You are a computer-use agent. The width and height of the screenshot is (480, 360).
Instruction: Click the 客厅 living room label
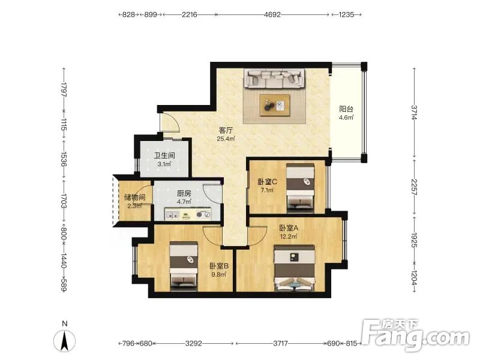[226, 130]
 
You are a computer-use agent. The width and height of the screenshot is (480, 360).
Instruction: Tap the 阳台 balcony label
[346, 109]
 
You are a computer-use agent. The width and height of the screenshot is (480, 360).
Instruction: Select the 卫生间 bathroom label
[164, 155]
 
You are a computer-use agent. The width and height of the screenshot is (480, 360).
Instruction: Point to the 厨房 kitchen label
[184, 193]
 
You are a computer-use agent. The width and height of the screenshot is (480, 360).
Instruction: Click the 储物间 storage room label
[134, 197]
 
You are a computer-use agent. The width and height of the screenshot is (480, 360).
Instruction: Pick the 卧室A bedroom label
[289, 228]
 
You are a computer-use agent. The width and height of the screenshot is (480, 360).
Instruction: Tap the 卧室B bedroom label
[219, 266]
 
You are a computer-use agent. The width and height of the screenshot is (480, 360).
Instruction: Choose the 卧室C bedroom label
[267, 182]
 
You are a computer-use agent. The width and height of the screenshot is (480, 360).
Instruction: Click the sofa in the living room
[274, 79]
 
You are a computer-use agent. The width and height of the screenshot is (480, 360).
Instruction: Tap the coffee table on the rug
[275, 106]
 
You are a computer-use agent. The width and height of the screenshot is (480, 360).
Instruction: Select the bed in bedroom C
[301, 188]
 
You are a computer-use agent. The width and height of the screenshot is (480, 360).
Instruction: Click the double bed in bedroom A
[295, 268]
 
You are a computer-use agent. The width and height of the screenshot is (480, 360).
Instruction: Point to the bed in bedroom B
[184, 266]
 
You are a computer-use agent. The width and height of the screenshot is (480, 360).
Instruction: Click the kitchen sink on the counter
[172, 214]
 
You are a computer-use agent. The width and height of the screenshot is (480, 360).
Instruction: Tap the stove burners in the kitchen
[203, 214]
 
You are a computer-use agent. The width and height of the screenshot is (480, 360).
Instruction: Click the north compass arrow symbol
[64, 340]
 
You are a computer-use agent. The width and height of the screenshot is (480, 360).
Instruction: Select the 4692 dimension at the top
[272, 14]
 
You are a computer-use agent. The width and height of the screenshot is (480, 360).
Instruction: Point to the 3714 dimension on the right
[414, 113]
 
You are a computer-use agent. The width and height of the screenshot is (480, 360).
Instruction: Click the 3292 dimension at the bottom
[193, 343]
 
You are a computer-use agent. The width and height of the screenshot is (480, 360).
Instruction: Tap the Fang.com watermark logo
[415, 335]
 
